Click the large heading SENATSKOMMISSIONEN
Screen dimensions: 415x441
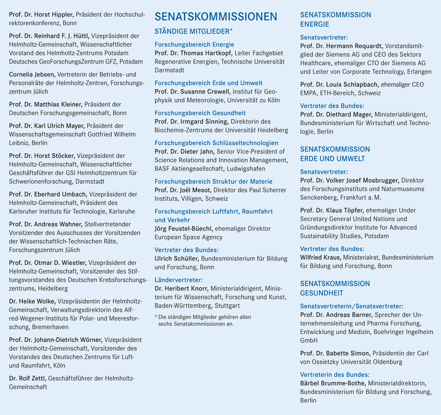tap(216, 16)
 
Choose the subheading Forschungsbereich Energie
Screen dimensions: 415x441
tap(194, 45)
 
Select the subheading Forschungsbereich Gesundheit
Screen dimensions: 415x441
tap(200, 113)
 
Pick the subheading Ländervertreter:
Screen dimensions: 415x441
tap(178, 280)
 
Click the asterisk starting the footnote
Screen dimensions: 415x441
tap(156, 317)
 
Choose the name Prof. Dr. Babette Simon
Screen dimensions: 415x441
tap(335, 353)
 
